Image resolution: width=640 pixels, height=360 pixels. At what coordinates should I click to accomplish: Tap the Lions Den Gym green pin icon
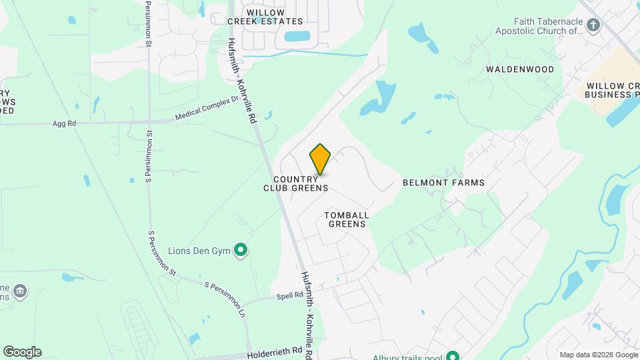(x=241, y=251)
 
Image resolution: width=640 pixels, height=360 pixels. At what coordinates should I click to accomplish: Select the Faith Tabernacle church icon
(x=593, y=25)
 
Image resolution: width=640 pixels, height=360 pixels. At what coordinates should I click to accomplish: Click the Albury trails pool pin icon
(x=453, y=356)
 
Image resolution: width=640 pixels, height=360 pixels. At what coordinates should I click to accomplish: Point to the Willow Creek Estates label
(x=265, y=17)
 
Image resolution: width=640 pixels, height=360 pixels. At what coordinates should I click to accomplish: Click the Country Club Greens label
(x=295, y=183)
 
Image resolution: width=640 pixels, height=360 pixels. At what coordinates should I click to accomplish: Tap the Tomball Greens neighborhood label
(x=347, y=219)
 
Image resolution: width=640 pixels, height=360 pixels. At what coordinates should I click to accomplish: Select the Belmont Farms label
(x=443, y=182)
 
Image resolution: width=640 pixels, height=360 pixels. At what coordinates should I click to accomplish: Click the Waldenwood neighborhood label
(x=520, y=69)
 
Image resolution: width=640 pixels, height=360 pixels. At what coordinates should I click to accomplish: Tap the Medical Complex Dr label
(x=206, y=107)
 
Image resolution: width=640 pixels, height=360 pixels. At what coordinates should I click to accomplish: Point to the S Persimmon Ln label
(x=225, y=297)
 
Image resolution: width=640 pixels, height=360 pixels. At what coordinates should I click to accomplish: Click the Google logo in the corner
(x=22, y=352)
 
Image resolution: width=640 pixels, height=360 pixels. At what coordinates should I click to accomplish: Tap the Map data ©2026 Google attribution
(x=598, y=355)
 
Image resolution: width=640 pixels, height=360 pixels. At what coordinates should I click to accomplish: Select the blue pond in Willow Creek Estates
(x=297, y=37)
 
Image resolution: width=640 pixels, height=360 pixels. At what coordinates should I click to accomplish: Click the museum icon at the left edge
(x=20, y=291)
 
